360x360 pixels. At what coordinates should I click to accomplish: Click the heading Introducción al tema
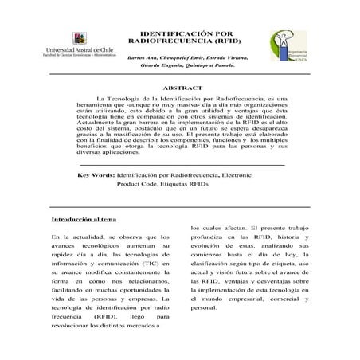pos(84,218)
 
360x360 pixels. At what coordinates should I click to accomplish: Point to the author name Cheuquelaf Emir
pos(182,57)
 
